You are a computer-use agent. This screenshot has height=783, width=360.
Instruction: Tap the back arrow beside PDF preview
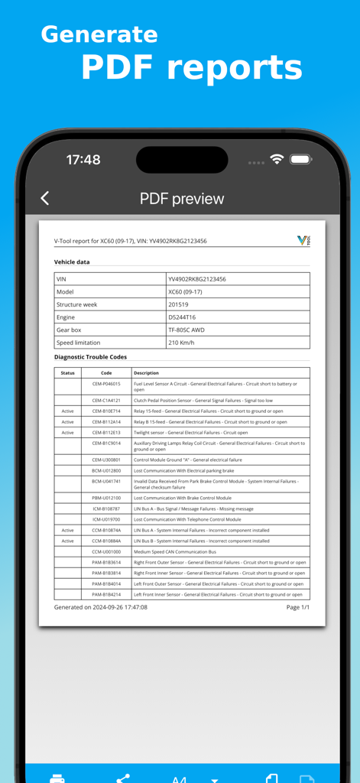tap(45, 199)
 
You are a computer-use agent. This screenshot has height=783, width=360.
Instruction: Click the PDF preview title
tap(182, 199)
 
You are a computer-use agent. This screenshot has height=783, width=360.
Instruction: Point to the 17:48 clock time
tap(83, 160)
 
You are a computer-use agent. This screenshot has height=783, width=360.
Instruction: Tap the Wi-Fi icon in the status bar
tap(277, 159)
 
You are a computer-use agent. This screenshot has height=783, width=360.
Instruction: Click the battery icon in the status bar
tap(300, 159)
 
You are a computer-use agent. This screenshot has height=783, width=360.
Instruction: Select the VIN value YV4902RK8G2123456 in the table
tap(197, 279)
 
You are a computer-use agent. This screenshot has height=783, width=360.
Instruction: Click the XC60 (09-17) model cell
tap(185, 292)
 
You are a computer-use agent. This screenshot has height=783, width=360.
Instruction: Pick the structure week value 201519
tap(178, 304)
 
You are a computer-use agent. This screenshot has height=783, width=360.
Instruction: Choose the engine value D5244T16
tap(182, 317)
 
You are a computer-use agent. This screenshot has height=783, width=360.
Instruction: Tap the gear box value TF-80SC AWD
tap(186, 330)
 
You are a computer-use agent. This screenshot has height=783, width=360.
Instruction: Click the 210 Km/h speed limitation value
tap(181, 343)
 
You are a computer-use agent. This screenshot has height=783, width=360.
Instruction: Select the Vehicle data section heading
tap(72, 262)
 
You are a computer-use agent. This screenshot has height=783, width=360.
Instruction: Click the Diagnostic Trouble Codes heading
tap(90, 357)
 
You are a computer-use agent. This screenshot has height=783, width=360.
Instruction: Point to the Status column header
tap(68, 373)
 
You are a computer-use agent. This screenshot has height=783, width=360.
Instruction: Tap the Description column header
tap(146, 373)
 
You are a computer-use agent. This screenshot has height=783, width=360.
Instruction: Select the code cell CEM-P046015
tap(106, 384)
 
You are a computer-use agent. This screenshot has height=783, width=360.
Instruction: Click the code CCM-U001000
tap(106, 551)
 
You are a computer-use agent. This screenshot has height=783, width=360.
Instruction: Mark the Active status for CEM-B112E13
tap(68, 433)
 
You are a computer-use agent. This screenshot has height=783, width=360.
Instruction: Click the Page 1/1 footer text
tap(297, 607)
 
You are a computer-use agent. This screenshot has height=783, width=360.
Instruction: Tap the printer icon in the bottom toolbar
tap(57, 778)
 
